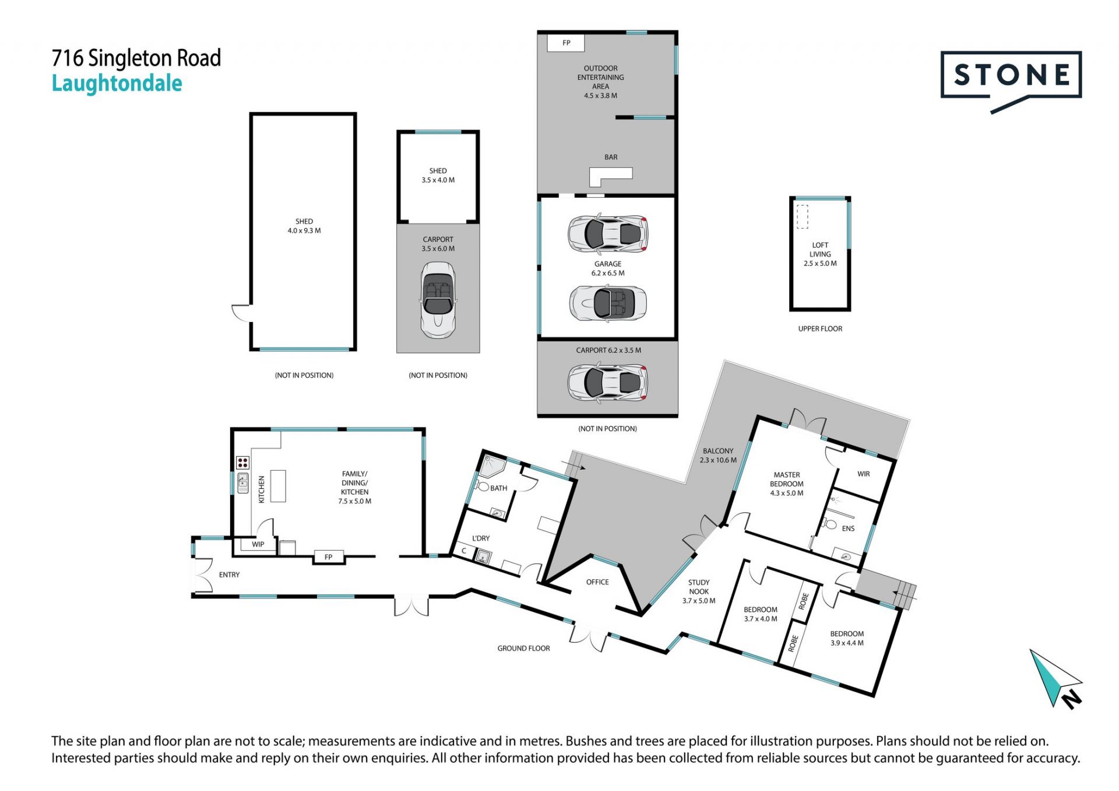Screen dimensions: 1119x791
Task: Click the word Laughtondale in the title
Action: click(x=117, y=84)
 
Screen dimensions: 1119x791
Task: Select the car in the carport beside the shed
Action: click(x=438, y=300)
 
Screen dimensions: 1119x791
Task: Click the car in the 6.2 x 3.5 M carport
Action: click(x=608, y=382)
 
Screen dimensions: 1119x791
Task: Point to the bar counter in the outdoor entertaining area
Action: click(x=610, y=174)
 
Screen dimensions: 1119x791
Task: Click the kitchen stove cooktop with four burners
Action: click(x=243, y=463)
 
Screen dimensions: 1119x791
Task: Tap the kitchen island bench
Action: click(x=278, y=486)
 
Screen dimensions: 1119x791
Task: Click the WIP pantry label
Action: click(x=258, y=544)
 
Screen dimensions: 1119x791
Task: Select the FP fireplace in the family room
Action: click(x=328, y=557)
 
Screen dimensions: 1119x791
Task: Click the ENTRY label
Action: click(x=229, y=575)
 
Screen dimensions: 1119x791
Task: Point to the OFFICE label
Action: click(x=597, y=582)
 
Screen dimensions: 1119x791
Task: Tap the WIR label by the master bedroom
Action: click(x=864, y=474)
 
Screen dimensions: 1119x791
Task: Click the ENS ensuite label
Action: click(x=848, y=528)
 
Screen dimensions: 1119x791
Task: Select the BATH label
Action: click(x=499, y=488)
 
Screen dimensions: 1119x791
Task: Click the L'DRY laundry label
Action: click(x=481, y=538)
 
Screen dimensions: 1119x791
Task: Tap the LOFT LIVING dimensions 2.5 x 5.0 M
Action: click(x=820, y=264)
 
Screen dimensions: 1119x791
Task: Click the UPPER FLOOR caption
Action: click(x=820, y=329)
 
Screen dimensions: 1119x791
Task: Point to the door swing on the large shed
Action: click(x=240, y=313)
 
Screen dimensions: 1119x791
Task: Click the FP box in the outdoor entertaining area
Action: click(x=566, y=43)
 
